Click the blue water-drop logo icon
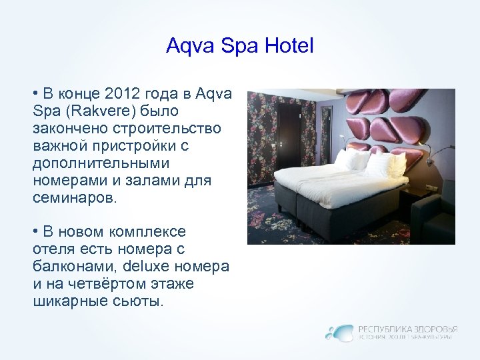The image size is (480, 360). tap(339, 332)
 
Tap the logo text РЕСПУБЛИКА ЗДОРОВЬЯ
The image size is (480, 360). tap(407, 329)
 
